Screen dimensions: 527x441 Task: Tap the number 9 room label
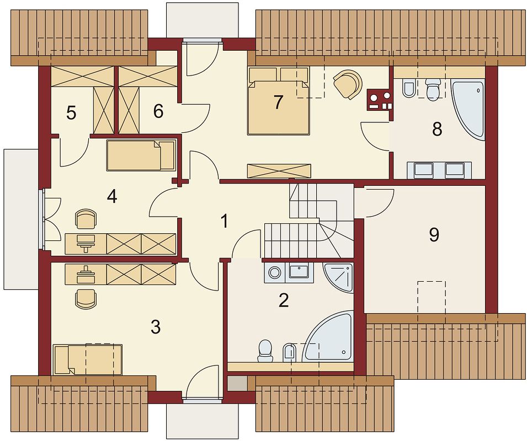click(x=434, y=235)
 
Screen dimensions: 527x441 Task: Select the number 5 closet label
click(x=71, y=113)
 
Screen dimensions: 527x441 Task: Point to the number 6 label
click(x=158, y=111)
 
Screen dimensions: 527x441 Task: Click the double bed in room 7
click(x=278, y=101)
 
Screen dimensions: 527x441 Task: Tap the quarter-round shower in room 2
click(x=338, y=277)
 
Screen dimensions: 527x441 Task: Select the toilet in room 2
click(x=265, y=351)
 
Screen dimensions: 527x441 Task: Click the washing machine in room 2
click(x=275, y=272)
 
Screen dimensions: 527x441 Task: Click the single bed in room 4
click(x=141, y=155)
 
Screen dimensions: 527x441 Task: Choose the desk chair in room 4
click(x=87, y=218)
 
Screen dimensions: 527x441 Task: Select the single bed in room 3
click(x=87, y=359)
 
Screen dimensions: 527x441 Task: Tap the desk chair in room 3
click(x=87, y=299)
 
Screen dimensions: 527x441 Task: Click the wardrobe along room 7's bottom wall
click(x=279, y=171)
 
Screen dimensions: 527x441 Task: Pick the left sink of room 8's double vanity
click(x=423, y=170)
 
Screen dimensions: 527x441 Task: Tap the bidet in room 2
click(x=290, y=353)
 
